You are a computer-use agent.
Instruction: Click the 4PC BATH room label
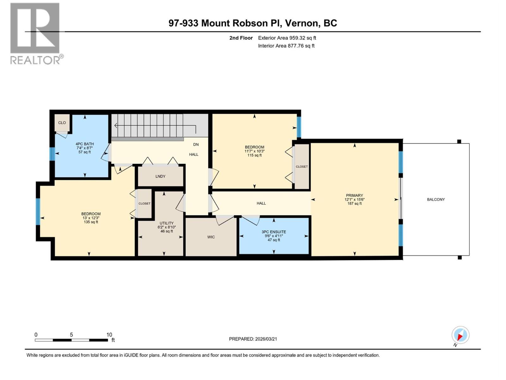tap(85, 144)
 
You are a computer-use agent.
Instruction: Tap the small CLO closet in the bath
tap(62, 123)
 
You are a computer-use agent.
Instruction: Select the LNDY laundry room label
tap(160, 176)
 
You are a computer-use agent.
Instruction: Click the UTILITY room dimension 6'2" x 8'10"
tap(166, 227)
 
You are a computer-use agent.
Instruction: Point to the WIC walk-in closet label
tap(211, 237)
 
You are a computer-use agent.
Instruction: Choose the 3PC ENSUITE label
tap(274, 232)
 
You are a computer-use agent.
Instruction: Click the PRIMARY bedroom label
tap(354, 195)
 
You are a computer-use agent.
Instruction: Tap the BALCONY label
tap(436, 199)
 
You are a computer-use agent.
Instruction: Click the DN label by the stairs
tap(196, 144)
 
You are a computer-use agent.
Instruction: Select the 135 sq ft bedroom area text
tap(91, 222)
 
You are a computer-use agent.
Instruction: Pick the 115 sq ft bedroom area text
tap(254, 155)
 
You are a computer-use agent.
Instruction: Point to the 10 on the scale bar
tap(109, 335)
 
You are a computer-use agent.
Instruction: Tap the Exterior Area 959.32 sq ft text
tap(287, 38)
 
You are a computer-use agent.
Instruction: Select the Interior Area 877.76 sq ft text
tap(286, 46)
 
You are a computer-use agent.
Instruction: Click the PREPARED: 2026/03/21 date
tap(253, 339)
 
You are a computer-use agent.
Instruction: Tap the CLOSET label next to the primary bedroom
tap(302, 167)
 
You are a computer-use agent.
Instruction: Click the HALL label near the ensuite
tap(261, 203)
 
